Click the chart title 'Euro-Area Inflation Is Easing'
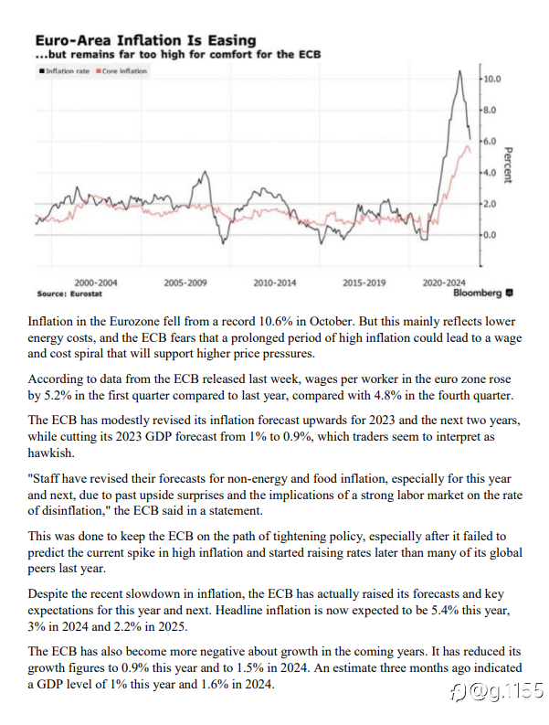tap(145, 41)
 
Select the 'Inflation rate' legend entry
tap(65, 71)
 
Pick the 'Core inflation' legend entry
tap(121, 71)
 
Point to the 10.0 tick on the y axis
tap(492, 79)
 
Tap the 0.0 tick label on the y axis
tap(490, 235)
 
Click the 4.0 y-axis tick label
tap(490, 173)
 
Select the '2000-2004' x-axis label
tap(96, 283)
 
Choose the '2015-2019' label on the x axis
tap(364, 283)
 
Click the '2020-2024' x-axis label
tap(444, 283)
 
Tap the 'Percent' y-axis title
tap(508, 165)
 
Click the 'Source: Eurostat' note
tap(69, 294)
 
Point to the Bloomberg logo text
tap(483, 293)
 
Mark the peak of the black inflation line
tap(459, 70)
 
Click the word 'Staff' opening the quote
tap(44, 479)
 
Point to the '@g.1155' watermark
tap(497, 691)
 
